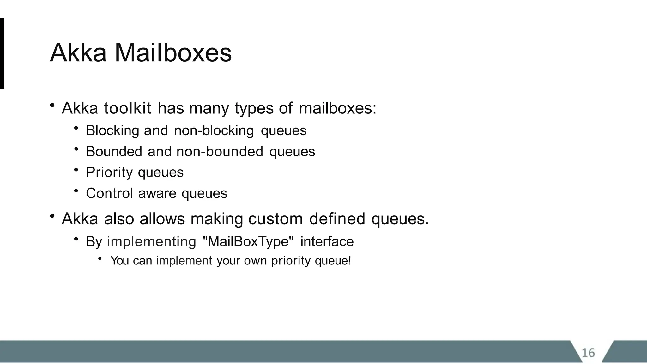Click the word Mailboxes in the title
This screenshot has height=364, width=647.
[x=173, y=53]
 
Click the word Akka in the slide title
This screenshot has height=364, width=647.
[x=78, y=53]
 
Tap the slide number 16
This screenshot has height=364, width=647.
[x=588, y=353]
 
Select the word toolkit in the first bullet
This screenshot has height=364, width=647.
[x=128, y=108]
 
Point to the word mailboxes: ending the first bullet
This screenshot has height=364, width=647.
[x=337, y=108]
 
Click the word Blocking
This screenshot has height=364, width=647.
[x=112, y=130]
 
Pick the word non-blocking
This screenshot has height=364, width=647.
[x=214, y=130]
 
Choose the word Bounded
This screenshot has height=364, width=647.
[x=114, y=151]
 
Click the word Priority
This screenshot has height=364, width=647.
[x=109, y=173]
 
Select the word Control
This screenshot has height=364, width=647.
[x=109, y=193]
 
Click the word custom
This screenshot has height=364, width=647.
[x=275, y=219]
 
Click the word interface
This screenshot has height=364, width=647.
[x=327, y=241]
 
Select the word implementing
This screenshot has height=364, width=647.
[x=152, y=242]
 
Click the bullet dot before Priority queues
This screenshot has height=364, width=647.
[x=76, y=170]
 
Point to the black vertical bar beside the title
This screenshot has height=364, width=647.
[x=2, y=53]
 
